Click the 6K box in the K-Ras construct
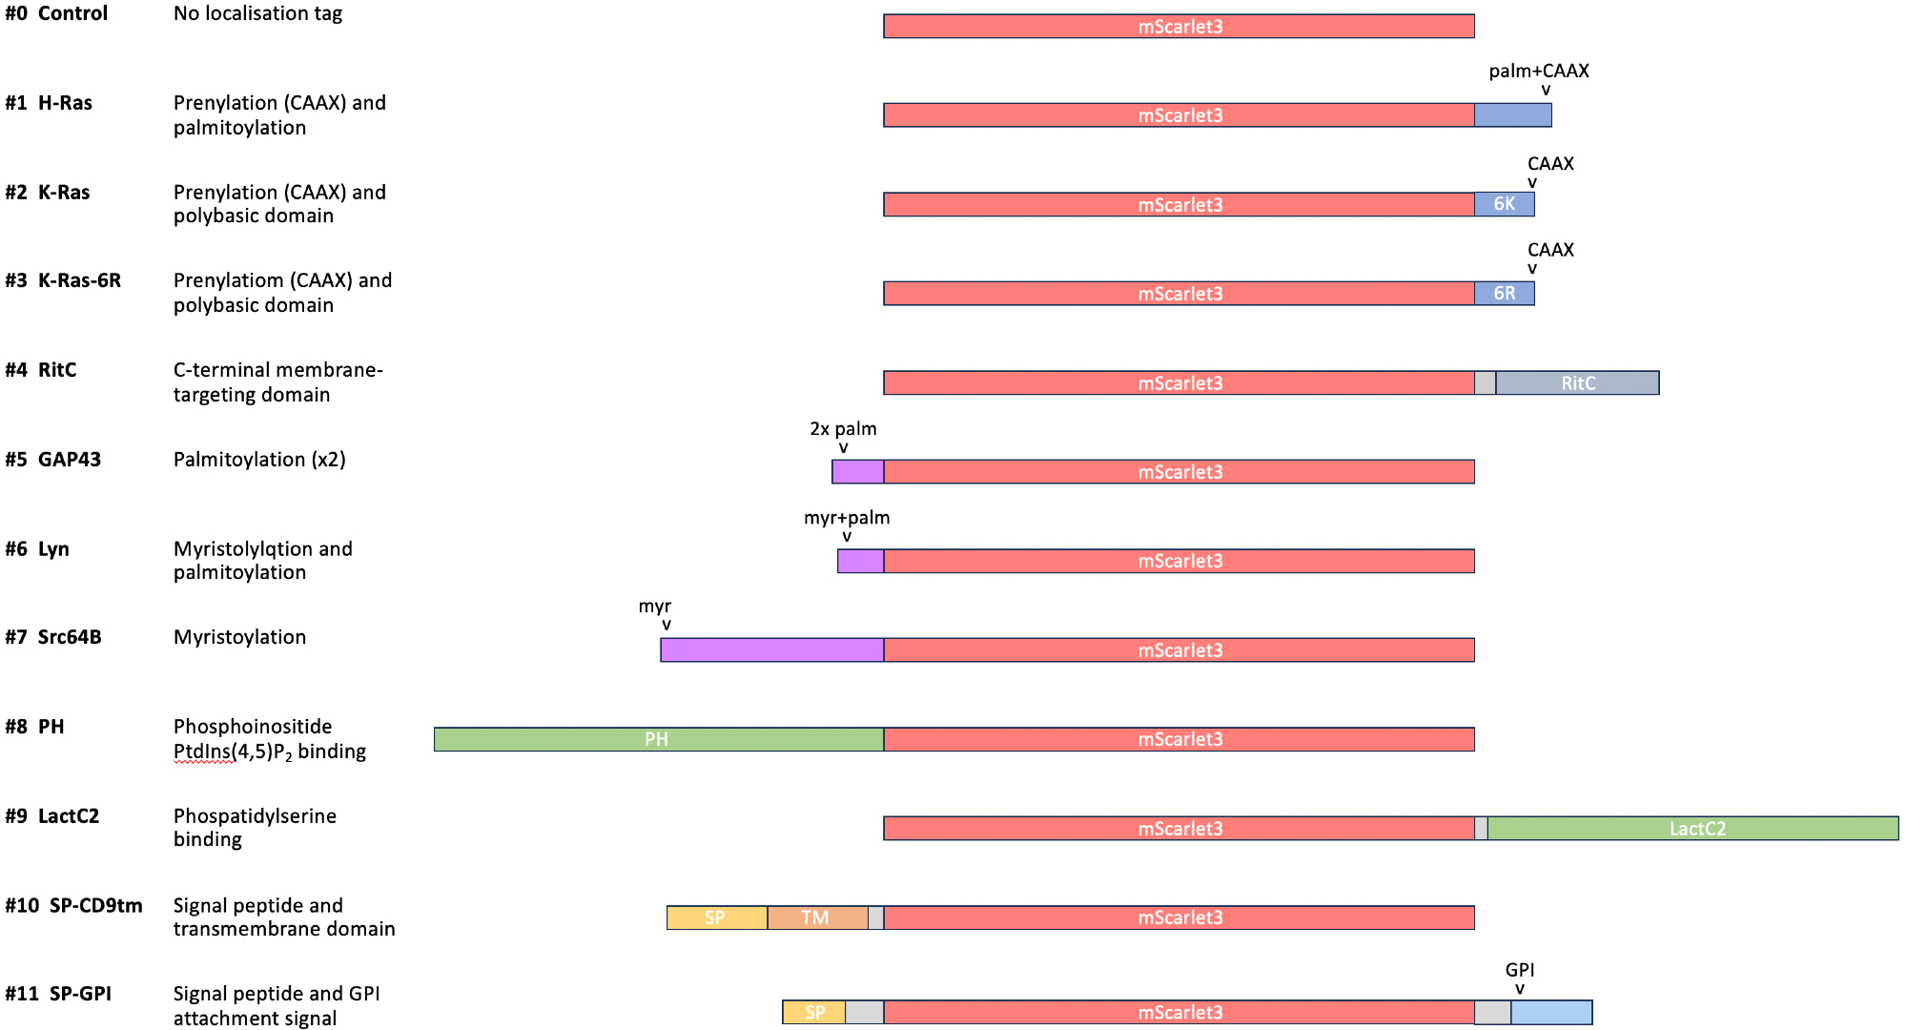1504,204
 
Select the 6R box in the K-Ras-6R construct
1504,294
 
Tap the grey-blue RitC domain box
1577,382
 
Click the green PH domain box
658,739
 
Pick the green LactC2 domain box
1692,829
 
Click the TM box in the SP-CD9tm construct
817,917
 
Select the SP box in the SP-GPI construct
814,1013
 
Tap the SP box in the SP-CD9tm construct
716,917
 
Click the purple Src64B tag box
771,650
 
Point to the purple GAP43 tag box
857,472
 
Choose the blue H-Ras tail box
1512,115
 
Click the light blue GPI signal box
1551,1013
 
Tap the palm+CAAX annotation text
1538,72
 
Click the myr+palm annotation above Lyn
847,518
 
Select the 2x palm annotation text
843,429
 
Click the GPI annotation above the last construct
1520,970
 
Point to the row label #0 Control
56,13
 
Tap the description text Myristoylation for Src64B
239,637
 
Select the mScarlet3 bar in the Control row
1179,27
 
